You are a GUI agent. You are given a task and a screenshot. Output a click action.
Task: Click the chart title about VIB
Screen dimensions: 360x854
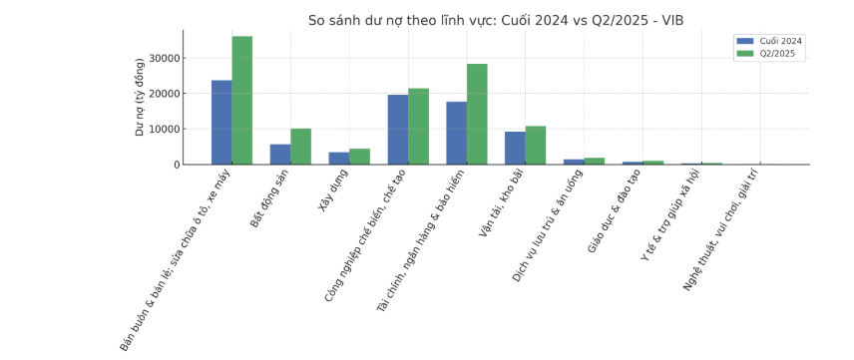point(495,20)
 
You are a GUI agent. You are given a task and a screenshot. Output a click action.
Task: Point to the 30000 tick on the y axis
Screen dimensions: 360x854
point(166,59)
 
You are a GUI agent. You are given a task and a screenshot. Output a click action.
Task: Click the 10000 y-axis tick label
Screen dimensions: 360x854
point(166,130)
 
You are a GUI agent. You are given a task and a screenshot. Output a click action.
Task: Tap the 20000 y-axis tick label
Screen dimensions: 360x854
point(166,94)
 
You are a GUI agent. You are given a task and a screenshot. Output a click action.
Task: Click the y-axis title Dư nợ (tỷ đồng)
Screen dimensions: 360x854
point(140,97)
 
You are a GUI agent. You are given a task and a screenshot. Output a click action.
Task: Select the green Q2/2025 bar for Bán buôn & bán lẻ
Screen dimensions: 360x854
point(242,100)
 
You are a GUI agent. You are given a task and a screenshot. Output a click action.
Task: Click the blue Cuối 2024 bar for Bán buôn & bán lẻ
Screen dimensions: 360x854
point(221,122)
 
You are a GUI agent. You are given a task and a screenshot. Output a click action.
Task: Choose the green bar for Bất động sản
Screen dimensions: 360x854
point(300,147)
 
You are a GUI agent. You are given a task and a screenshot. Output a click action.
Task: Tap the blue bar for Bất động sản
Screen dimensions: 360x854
point(280,155)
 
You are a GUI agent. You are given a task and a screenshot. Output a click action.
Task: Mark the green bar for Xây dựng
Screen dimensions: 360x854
point(359,157)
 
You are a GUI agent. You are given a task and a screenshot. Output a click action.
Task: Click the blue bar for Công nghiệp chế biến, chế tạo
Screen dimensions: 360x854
point(398,130)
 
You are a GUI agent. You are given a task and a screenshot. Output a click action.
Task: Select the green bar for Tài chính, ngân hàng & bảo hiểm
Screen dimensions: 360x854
point(477,114)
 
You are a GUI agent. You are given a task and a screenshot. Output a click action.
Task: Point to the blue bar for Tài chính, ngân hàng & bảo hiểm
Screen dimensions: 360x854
point(457,133)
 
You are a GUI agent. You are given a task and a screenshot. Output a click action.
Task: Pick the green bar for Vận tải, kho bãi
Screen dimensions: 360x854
point(536,146)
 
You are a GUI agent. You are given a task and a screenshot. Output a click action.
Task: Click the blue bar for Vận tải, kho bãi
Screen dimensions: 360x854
point(515,148)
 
